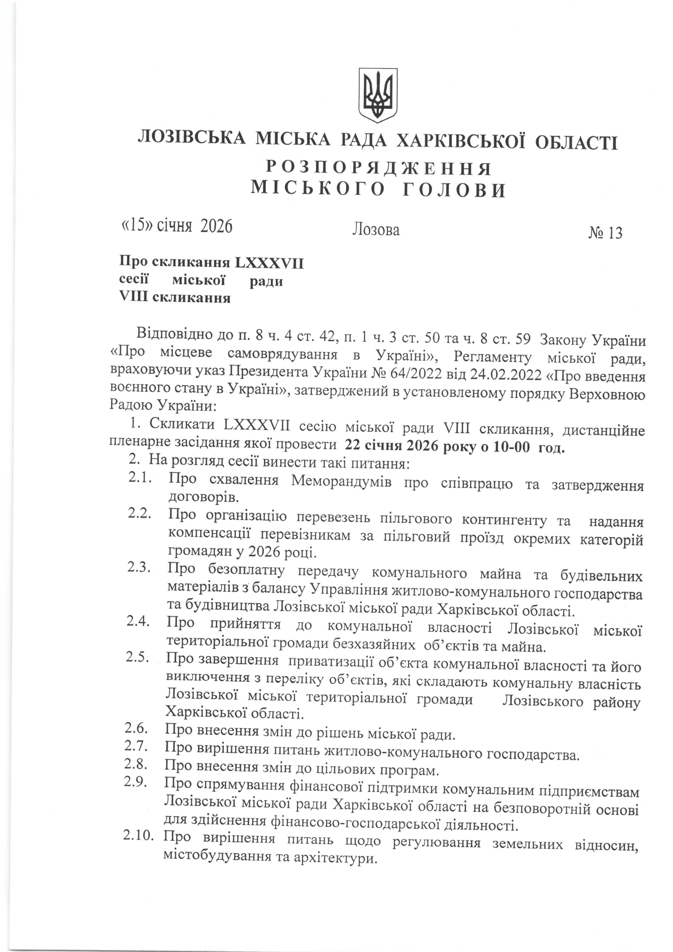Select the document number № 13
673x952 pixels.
(605, 233)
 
